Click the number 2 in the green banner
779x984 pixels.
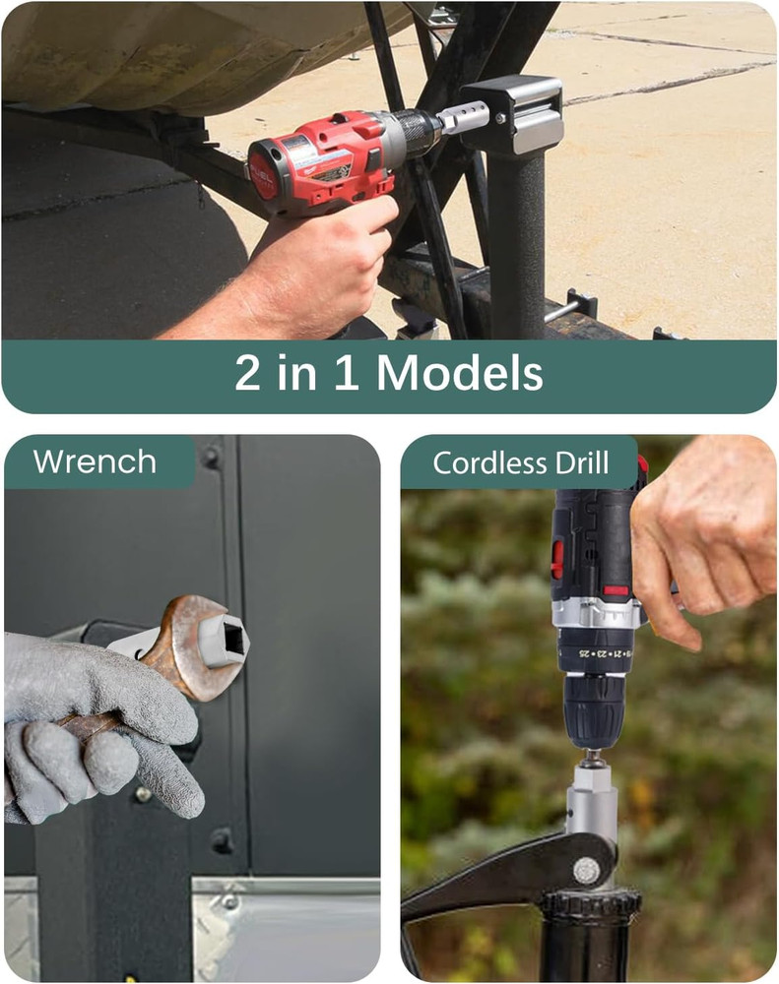tap(247, 374)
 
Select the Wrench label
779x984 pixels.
tap(95, 461)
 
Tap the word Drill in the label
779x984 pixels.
tap(580, 462)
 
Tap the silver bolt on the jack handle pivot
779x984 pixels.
tap(586, 870)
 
